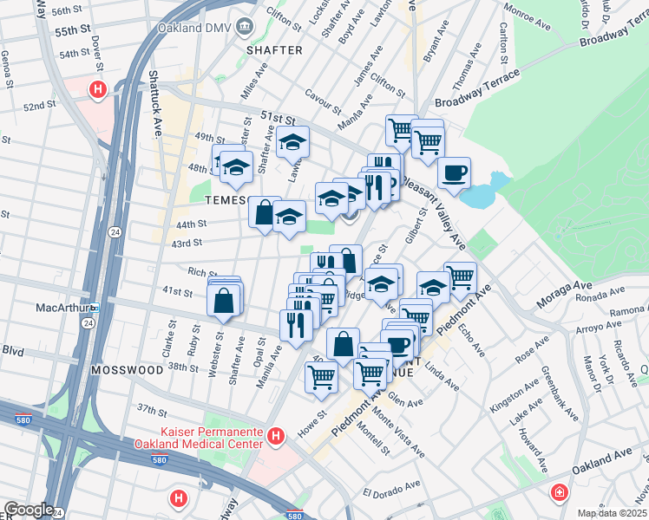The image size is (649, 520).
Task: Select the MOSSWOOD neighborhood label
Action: (x=127, y=369)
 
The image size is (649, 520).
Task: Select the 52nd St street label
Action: (x=40, y=105)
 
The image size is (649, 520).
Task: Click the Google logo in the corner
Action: (x=29, y=510)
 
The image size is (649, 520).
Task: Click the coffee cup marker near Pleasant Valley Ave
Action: (x=454, y=173)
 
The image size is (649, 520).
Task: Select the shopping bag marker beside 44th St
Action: (x=264, y=211)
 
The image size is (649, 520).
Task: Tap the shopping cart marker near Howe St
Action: (x=321, y=376)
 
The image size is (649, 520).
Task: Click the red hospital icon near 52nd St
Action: (x=99, y=88)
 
